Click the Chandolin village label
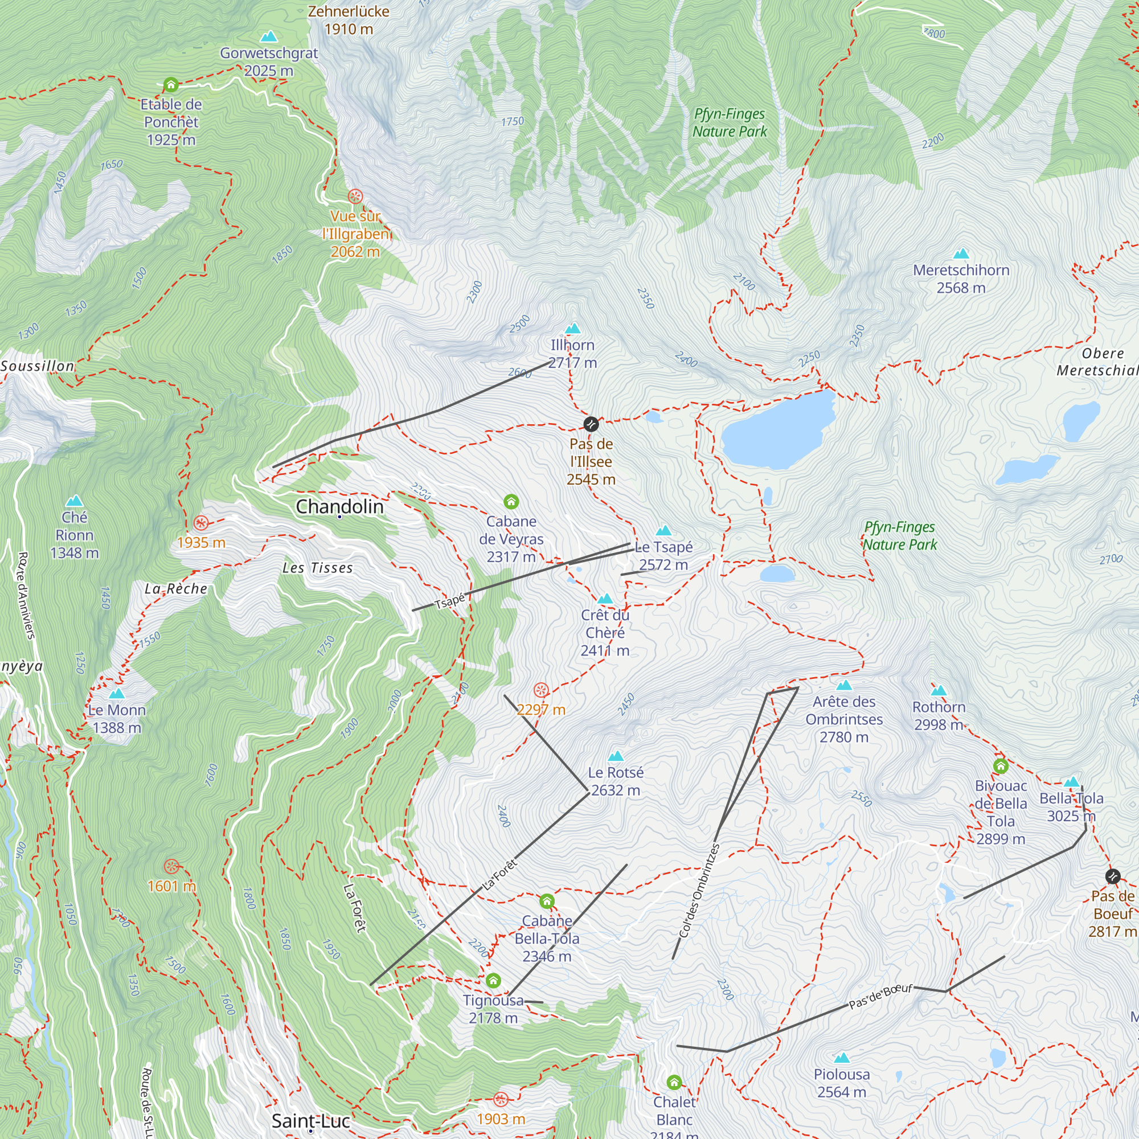339,506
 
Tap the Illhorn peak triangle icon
572,329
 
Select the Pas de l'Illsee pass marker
591,424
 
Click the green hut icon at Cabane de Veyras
511,502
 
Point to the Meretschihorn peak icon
961,254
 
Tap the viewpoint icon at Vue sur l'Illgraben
355,196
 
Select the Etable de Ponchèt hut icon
171,85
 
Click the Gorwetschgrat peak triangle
269,37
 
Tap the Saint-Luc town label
311,1120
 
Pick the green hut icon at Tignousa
493,981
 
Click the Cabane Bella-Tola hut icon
547,901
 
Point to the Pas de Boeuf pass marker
1112,876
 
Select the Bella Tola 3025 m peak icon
1072,782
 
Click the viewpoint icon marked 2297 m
540,690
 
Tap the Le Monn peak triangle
117,694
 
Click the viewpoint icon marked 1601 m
171,866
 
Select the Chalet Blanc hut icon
674,1082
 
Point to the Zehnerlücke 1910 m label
349,20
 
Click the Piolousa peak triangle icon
841,1058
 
